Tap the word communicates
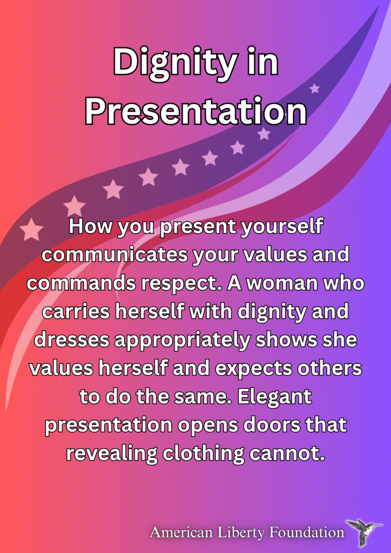click(114, 255)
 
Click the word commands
click(81, 283)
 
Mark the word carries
click(76, 312)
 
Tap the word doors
click(267, 425)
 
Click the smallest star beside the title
click(314, 88)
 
